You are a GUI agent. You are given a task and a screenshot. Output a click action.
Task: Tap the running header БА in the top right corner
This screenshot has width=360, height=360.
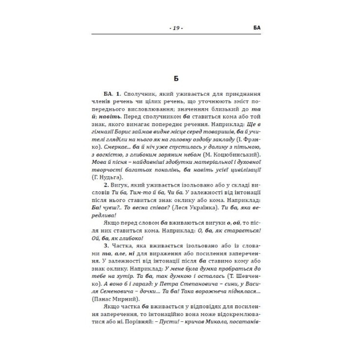coord(257,28)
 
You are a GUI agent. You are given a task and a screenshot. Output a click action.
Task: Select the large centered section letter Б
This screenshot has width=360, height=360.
coord(176,79)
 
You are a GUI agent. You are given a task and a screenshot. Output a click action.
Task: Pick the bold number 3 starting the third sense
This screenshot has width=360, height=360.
coord(106,246)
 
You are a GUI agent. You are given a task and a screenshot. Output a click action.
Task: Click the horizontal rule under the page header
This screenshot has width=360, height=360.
coord(176,34)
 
